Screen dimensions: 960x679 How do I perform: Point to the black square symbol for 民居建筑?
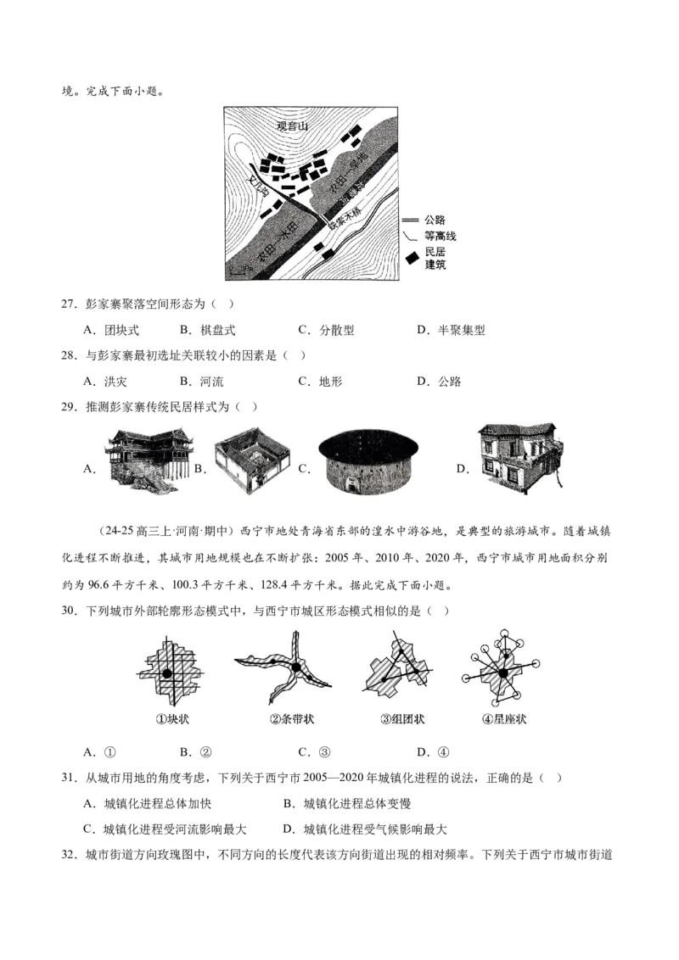(411, 260)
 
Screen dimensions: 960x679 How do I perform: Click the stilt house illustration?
(149, 460)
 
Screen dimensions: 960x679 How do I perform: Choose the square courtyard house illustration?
(250, 460)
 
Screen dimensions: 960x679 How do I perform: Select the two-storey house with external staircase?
(521, 460)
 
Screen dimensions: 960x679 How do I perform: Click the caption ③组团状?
(402, 720)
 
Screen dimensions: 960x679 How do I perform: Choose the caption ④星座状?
(504, 720)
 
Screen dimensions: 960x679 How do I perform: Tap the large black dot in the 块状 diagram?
(168, 673)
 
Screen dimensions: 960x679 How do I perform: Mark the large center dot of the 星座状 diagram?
(502, 673)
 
